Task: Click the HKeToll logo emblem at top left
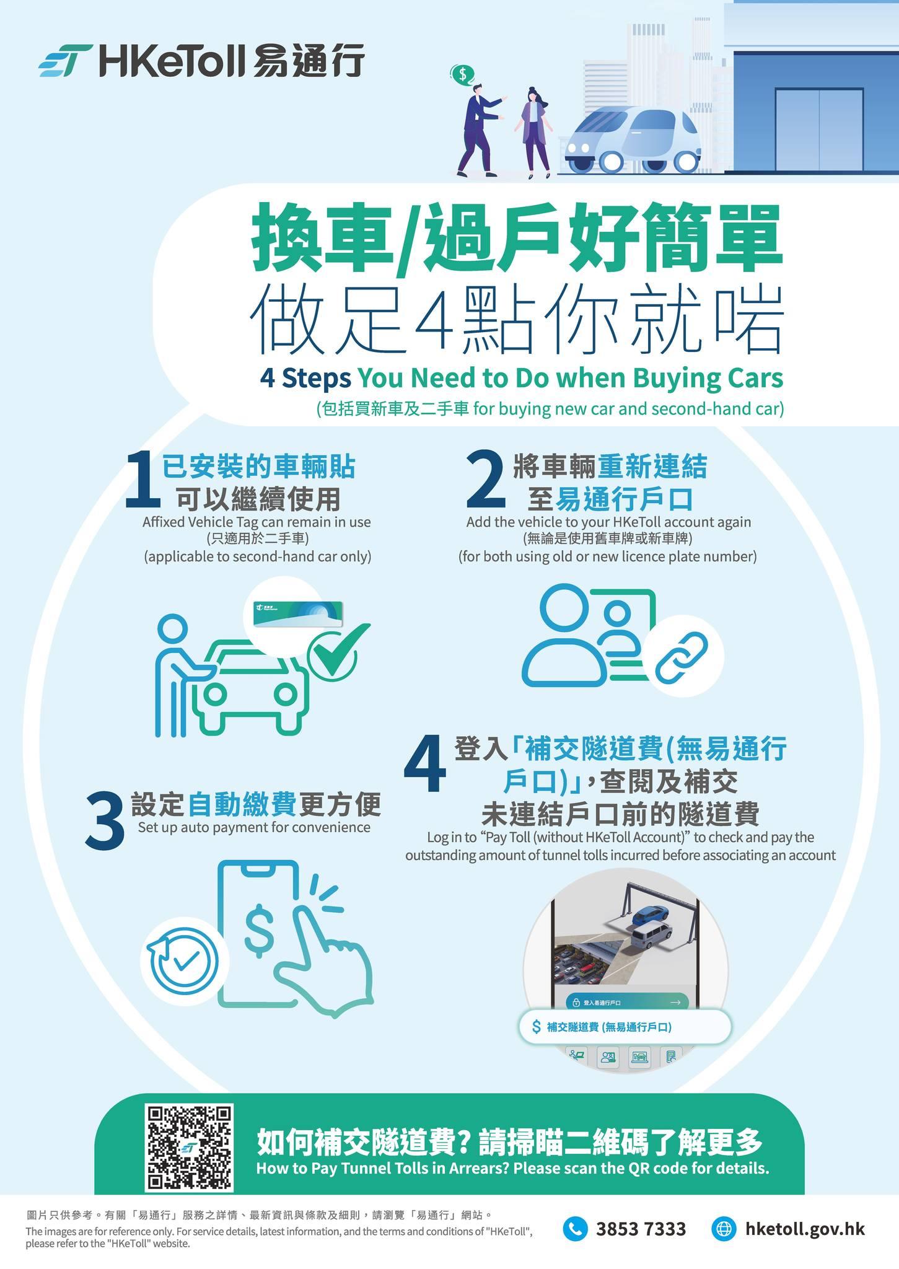tap(64, 61)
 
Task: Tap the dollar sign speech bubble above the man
tap(462, 75)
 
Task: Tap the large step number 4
tap(425, 765)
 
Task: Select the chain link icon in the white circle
tap(682, 656)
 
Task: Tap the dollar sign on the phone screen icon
tap(260, 929)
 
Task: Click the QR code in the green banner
tap(189, 1147)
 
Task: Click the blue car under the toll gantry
tap(648, 915)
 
